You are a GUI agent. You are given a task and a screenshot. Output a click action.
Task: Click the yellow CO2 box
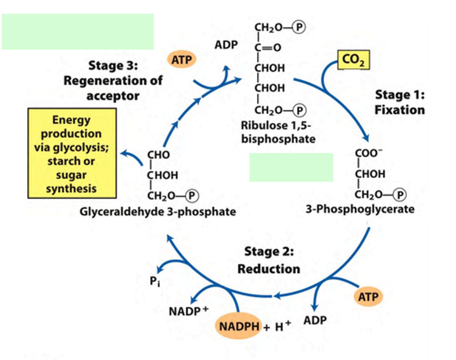pyautogui.click(x=353, y=60)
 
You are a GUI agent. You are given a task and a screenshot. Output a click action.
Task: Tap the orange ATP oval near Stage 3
pyautogui.click(x=181, y=60)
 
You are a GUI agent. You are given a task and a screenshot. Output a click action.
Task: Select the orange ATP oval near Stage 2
pyautogui.click(x=368, y=297)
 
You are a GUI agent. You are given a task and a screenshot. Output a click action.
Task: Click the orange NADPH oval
pyautogui.click(x=239, y=326)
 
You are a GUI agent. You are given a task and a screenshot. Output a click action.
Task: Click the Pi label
pyautogui.click(x=155, y=281)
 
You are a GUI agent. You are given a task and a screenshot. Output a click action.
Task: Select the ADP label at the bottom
pyautogui.click(x=315, y=320)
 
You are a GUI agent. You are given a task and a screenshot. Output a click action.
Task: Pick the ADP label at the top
pyautogui.click(x=226, y=45)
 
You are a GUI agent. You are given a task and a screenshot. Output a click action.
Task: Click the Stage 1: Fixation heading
pyautogui.click(x=400, y=102)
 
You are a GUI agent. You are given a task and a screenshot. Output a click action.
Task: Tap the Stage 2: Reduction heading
pyautogui.click(x=269, y=260)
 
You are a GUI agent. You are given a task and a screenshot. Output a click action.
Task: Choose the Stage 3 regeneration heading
pyautogui.click(x=113, y=80)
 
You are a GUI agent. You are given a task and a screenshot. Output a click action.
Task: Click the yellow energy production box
pyautogui.click(x=72, y=154)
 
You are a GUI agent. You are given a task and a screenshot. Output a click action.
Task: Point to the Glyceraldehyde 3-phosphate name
pyautogui.click(x=158, y=212)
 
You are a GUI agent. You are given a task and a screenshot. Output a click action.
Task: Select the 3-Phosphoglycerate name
pyautogui.click(x=360, y=209)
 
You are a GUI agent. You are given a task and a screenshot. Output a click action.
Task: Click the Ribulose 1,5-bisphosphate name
pyautogui.click(x=278, y=132)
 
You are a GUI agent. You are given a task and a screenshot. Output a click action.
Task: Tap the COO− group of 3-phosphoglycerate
pyautogui.click(x=368, y=153)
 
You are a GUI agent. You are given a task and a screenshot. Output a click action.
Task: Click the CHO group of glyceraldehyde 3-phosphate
pyautogui.click(x=158, y=155)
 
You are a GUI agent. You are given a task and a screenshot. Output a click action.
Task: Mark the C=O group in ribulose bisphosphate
pyautogui.click(x=268, y=47)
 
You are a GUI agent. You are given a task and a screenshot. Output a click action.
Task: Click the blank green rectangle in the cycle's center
pyautogui.click(x=291, y=167)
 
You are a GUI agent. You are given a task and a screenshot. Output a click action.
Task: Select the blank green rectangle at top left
pyautogui.click(x=78, y=31)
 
